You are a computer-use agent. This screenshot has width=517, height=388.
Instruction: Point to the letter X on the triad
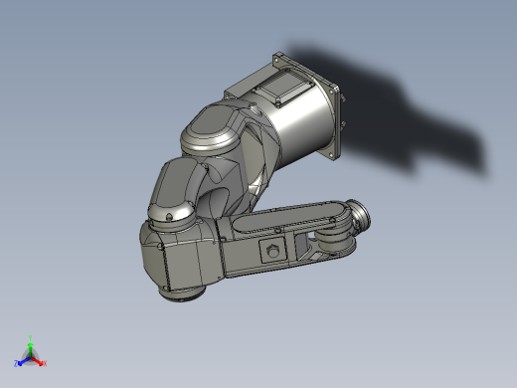click(x=45, y=364)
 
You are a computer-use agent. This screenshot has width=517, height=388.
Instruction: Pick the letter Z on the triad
click(x=17, y=364)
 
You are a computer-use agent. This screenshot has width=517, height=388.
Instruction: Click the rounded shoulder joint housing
click(x=214, y=134)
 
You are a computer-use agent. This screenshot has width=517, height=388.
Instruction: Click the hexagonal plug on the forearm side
click(x=271, y=250)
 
